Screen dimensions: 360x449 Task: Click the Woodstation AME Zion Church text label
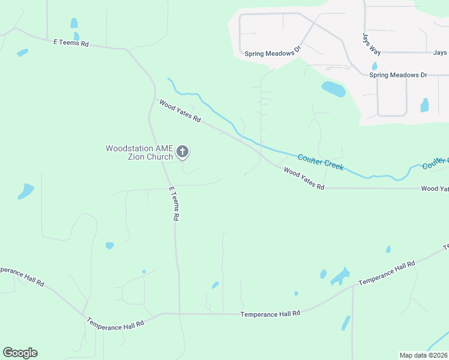[139, 152]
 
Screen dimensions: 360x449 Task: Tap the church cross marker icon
[182, 151]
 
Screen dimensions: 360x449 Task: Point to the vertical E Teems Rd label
[174, 204]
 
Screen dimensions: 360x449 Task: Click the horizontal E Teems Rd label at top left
[71, 43]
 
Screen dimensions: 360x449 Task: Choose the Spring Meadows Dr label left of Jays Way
[270, 53]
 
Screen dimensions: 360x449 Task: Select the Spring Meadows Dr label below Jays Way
[398, 75]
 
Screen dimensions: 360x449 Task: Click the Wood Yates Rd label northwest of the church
[179, 111]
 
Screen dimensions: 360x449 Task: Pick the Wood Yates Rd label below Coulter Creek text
[304, 179]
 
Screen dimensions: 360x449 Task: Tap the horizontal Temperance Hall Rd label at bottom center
[270, 314]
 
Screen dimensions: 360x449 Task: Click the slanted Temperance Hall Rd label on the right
[387, 274]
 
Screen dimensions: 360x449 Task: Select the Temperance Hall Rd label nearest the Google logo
[116, 322]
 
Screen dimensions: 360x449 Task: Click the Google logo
[20, 353]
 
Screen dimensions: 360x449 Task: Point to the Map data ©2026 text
[423, 355]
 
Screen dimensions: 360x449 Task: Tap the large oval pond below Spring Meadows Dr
[333, 89]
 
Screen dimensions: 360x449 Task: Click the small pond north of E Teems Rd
[74, 23]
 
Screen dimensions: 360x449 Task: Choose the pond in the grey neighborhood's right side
[425, 105]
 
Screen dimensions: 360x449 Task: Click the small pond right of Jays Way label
[375, 66]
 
